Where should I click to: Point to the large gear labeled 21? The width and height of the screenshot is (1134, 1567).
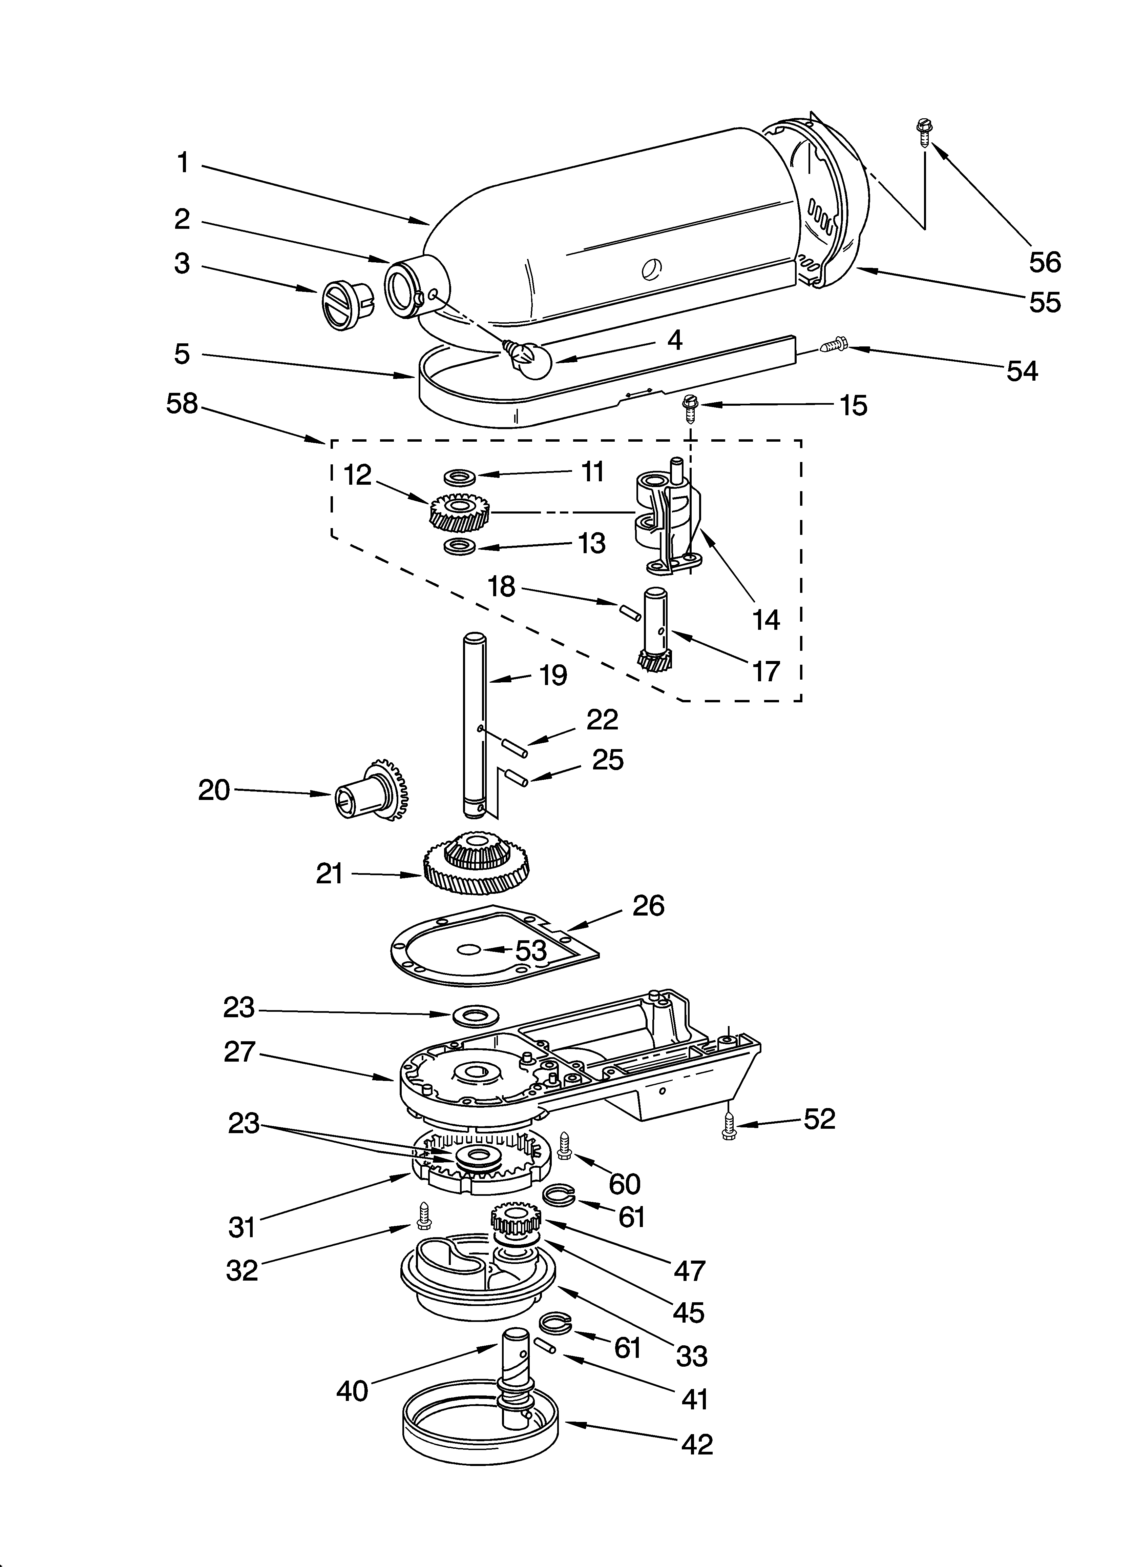tap(477, 864)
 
